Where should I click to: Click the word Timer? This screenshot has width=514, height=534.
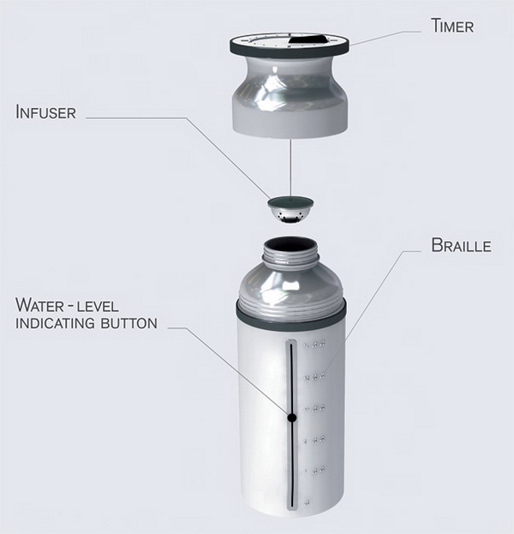click(452, 26)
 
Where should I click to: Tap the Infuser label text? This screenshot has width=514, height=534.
click(45, 112)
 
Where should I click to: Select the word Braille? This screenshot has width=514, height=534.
click(461, 245)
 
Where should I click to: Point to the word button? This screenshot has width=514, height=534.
click(129, 323)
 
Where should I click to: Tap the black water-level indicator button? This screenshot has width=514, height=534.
click(292, 417)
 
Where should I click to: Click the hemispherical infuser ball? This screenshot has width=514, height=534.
click(290, 211)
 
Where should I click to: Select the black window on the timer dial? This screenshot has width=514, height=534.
click(307, 39)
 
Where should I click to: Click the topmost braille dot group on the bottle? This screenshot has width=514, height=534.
click(315, 345)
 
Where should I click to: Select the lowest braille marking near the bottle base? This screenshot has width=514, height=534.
click(307, 502)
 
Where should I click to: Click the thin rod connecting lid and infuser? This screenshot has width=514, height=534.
click(290, 167)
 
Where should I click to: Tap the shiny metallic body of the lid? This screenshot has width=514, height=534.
click(290, 95)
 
